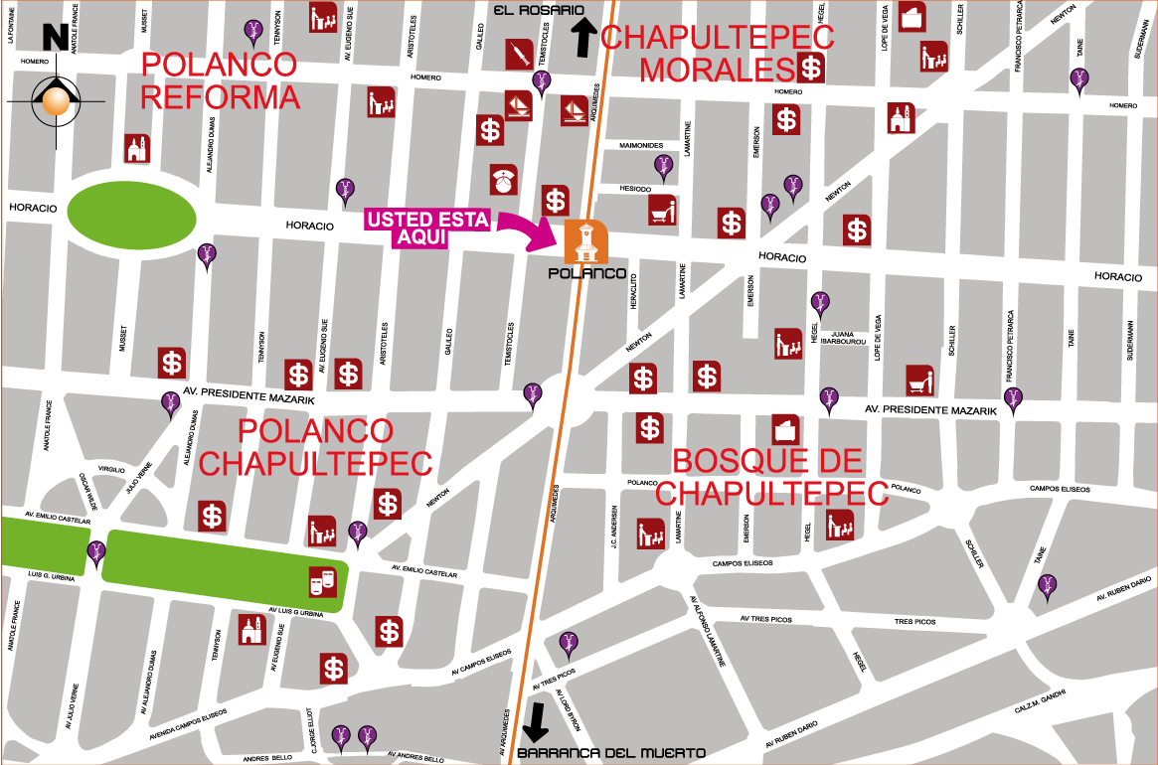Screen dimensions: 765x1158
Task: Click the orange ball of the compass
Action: pos(57,100)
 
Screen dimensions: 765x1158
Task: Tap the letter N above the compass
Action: pos(54,39)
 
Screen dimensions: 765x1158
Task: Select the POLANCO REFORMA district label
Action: pos(220,80)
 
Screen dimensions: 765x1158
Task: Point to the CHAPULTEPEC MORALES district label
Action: pos(718,54)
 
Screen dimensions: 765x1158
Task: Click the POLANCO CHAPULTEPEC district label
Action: pos(315,447)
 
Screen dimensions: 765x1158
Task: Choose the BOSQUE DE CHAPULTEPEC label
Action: pos(771,477)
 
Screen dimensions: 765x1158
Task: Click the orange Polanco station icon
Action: pos(585,241)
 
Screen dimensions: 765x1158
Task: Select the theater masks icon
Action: pos(322,582)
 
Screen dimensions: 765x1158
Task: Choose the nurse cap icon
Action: pos(504,180)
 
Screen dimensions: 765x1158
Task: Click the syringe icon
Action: pos(519,54)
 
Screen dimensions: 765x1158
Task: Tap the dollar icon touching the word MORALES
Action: pos(812,69)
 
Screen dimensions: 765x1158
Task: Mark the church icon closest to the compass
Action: pos(137,149)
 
